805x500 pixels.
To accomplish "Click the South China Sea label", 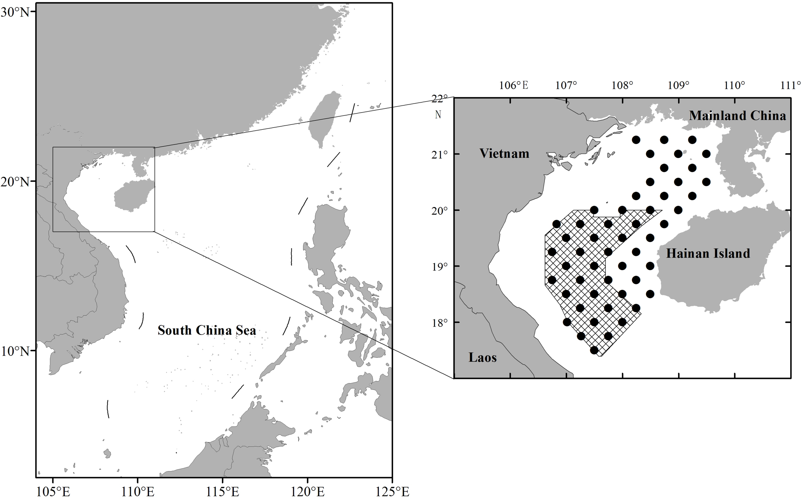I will (207, 330).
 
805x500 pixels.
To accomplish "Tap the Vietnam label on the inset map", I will (504, 154).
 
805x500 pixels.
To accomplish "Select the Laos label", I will (483, 357).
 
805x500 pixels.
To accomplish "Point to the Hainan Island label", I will (708, 253).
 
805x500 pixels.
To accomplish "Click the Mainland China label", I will (737, 115).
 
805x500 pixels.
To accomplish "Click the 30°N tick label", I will (15, 13).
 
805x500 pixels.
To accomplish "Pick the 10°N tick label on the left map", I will (15, 351).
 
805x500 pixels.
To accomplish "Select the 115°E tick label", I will (223, 492).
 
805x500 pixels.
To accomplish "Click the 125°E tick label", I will (393, 492).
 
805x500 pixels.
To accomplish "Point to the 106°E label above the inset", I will (514, 85).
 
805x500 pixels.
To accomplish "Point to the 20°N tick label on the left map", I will (15, 182).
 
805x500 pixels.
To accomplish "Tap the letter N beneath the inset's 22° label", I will (438, 115).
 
